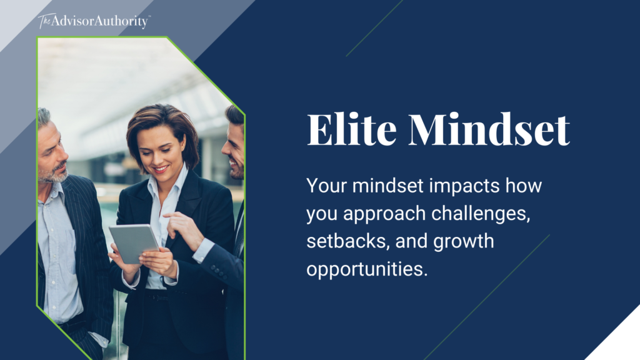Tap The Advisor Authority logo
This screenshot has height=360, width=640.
94,21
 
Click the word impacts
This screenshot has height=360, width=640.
457,186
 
